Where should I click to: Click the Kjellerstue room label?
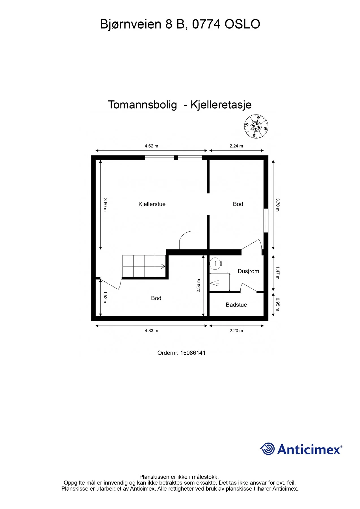click(x=152, y=204)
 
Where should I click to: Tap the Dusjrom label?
click(x=248, y=271)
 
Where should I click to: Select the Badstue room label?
click(x=236, y=305)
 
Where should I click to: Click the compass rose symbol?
click(x=256, y=126)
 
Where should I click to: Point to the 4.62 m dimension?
click(x=151, y=146)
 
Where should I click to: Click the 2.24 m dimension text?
click(x=236, y=146)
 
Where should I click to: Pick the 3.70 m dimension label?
click(x=278, y=205)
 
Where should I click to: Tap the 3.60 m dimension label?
click(x=105, y=205)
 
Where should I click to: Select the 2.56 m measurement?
click(x=199, y=286)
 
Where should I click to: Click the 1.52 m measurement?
click(x=105, y=298)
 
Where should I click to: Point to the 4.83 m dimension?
click(x=151, y=331)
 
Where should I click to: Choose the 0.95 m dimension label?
click(x=278, y=304)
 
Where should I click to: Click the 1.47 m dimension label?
click(x=278, y=273)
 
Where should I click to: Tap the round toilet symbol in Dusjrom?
click(x=216, y=263)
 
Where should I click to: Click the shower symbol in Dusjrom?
click(x=214, y=283)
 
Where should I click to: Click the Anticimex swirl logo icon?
click(x=267, y=449)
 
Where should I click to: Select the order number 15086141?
click(x=193, y=353)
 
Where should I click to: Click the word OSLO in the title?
click(x=242, y=24)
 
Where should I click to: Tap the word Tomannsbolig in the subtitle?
click(x=143, y=105)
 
